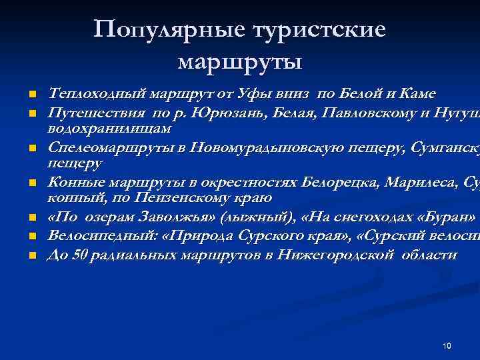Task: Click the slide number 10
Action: [x=447, y=345]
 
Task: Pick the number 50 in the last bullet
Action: [x=80, y=255]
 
